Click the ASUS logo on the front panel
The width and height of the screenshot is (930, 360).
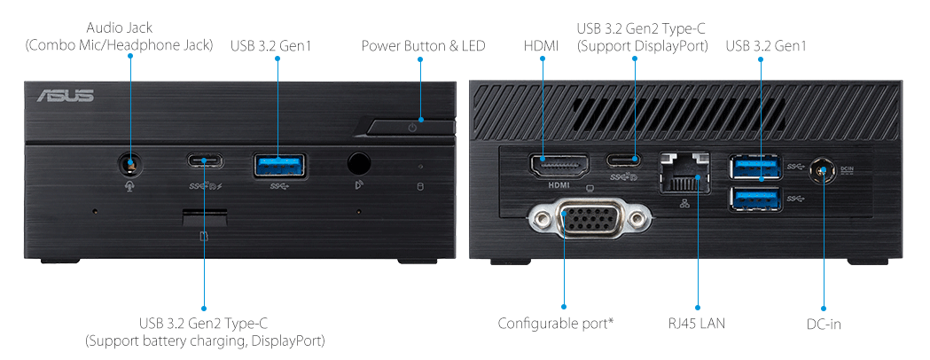pyautogui.click(x=65, y=96)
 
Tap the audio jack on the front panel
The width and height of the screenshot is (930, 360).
pyautogui.click(x=131, y=164)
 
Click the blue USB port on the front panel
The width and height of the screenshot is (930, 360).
pyautogui.click(x=278, y=163)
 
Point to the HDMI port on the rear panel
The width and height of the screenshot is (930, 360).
pyautogui.click(x=559, y=166)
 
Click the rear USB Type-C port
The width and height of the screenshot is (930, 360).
pyautogui.click(x=635, y=161)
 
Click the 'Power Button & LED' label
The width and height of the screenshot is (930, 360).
pyautogui.click(x=423, y=45)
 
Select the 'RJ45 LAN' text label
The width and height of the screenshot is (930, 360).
pyautogui.click(x=696, y=324)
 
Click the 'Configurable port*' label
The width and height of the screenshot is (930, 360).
pyautogui.click(x=555, y=324)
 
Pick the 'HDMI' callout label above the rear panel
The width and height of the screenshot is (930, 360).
pyautogui.click(x=541, y=45)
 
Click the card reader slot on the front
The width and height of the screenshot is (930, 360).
pyautogui.click(x=205, y=215)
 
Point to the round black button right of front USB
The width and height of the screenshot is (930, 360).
pyautogui.click(x=358, y=163)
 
